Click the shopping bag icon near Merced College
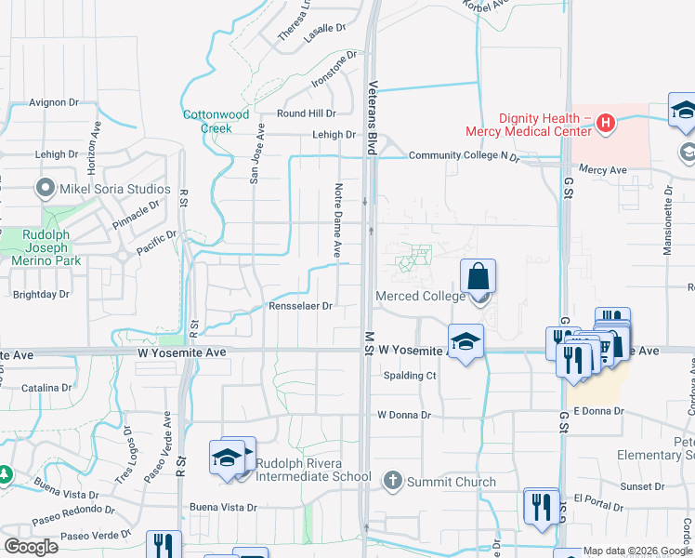coord(478,276)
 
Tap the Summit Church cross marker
coord(392,481)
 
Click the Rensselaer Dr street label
coord(300,305)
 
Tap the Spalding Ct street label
coord(410,376)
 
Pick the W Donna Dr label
coord(404,415)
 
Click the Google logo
coord(31,547)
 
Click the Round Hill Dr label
coord(306,113)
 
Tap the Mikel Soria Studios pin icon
coord(45,190)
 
